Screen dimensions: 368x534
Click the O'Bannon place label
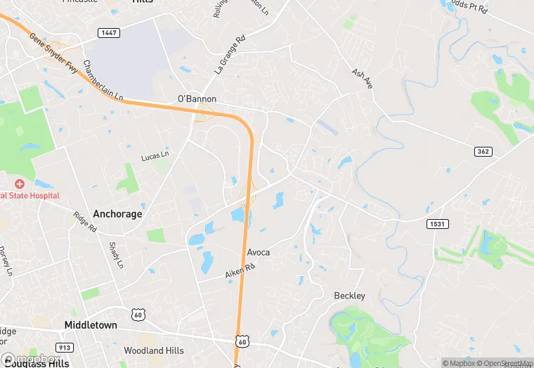[x=197, y=99]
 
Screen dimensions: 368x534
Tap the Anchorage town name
[x=117, y=214]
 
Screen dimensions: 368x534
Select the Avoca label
[x=258, y=252]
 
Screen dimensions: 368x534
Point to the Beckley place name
[x=349, y=296]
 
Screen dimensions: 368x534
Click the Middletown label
[x=91, y=325]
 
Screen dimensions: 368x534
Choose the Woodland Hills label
[x=153, y=350]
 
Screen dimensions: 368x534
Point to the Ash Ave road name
[x=362, y=78]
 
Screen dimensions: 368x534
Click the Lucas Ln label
[x=155, y=155]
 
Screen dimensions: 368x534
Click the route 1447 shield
[x=109, y=33]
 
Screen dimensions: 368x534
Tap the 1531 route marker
[x=437, y=223]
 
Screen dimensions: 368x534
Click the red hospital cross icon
[x=20, y=183]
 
